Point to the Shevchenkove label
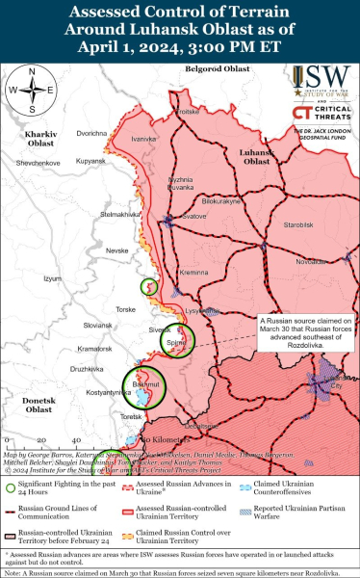pyautogui.click(x=39, y=164)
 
